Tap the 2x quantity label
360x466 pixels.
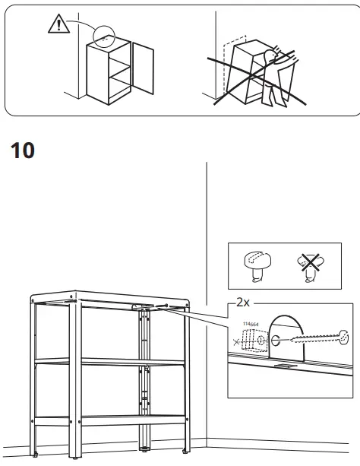click(243, 302)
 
